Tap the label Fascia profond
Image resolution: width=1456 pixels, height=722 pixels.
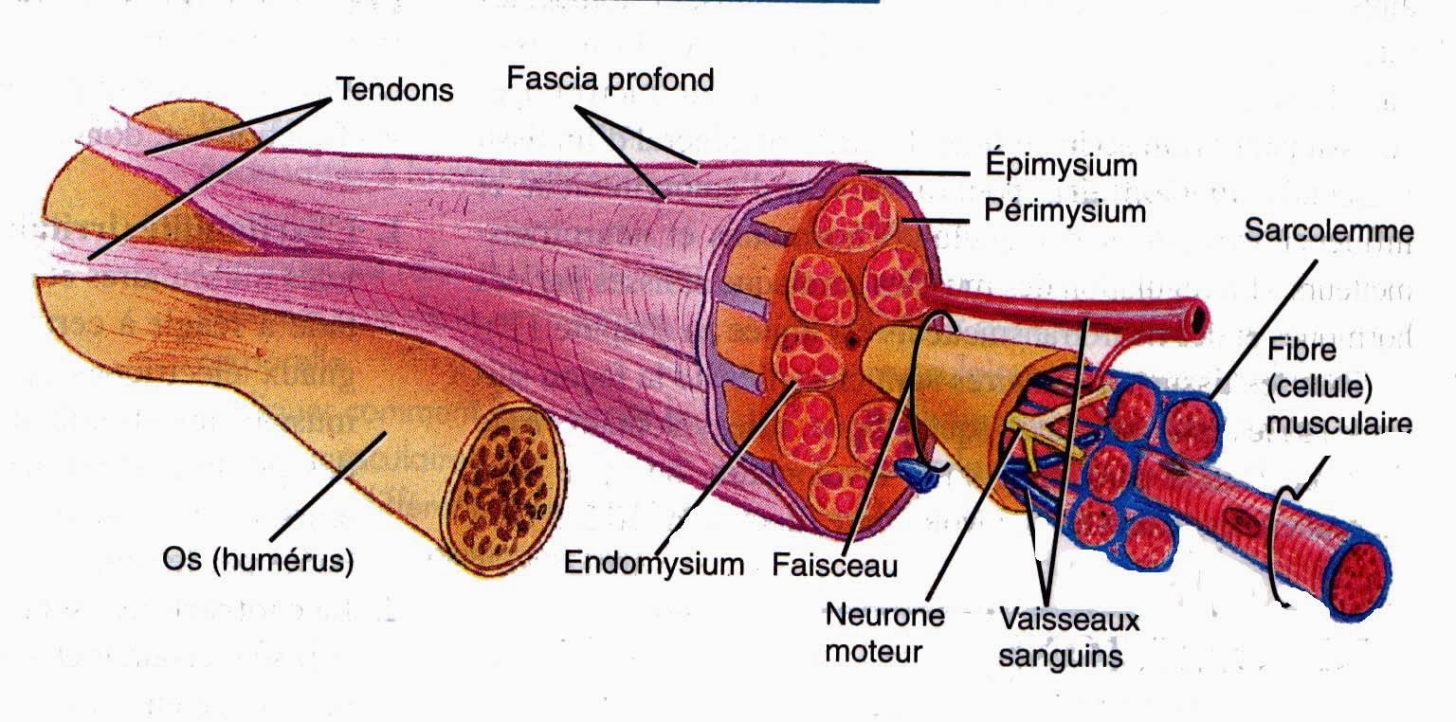click(x=610, y=79)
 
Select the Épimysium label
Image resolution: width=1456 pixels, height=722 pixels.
click(x=1059, y=165)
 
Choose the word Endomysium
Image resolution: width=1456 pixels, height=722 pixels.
click(x=654, y=564)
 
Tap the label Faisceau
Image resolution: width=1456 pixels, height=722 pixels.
click(x=834, y=566)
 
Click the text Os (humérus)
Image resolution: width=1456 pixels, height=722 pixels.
click(x=258, y=561)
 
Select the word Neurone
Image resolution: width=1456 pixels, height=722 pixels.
click(x=884, y=615)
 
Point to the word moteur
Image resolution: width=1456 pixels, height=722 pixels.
click(x=873, y=652)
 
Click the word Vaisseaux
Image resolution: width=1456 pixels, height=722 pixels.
click(x=1068, y=621)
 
